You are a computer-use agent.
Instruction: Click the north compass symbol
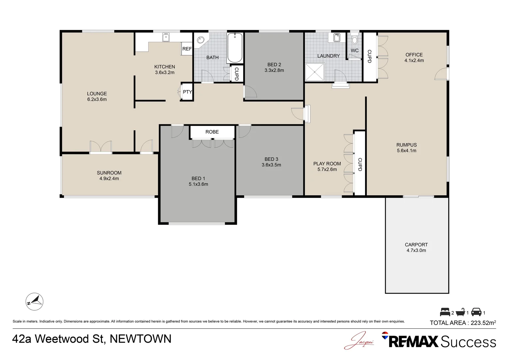tap(34, 302)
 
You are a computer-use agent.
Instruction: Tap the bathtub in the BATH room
tap(235, 48)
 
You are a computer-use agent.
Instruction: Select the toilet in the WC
tap(354, 38)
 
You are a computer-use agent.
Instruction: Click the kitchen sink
tap(166, 37)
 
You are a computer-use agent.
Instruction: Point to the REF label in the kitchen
tap(187, 49)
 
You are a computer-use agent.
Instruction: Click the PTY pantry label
tap(188, 92)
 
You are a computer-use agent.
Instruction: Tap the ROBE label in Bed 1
tap(212, 132)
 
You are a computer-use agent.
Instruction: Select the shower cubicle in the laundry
tap(315, 72)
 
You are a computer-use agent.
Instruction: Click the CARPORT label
tap(416, 245)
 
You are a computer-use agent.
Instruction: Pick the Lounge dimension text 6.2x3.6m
tap(97, 99)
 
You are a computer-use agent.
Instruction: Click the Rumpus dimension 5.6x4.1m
tap(406, 151)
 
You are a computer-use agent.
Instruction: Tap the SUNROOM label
tap(109, 173)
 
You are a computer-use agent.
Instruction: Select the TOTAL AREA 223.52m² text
tap(463, 323)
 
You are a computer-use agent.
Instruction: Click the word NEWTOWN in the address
tap(141, 339)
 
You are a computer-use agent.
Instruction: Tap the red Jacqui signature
tap(359, 340)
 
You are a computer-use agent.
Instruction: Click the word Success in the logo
tap(468, 342)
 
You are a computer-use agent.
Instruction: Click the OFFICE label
tap(414, 55)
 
